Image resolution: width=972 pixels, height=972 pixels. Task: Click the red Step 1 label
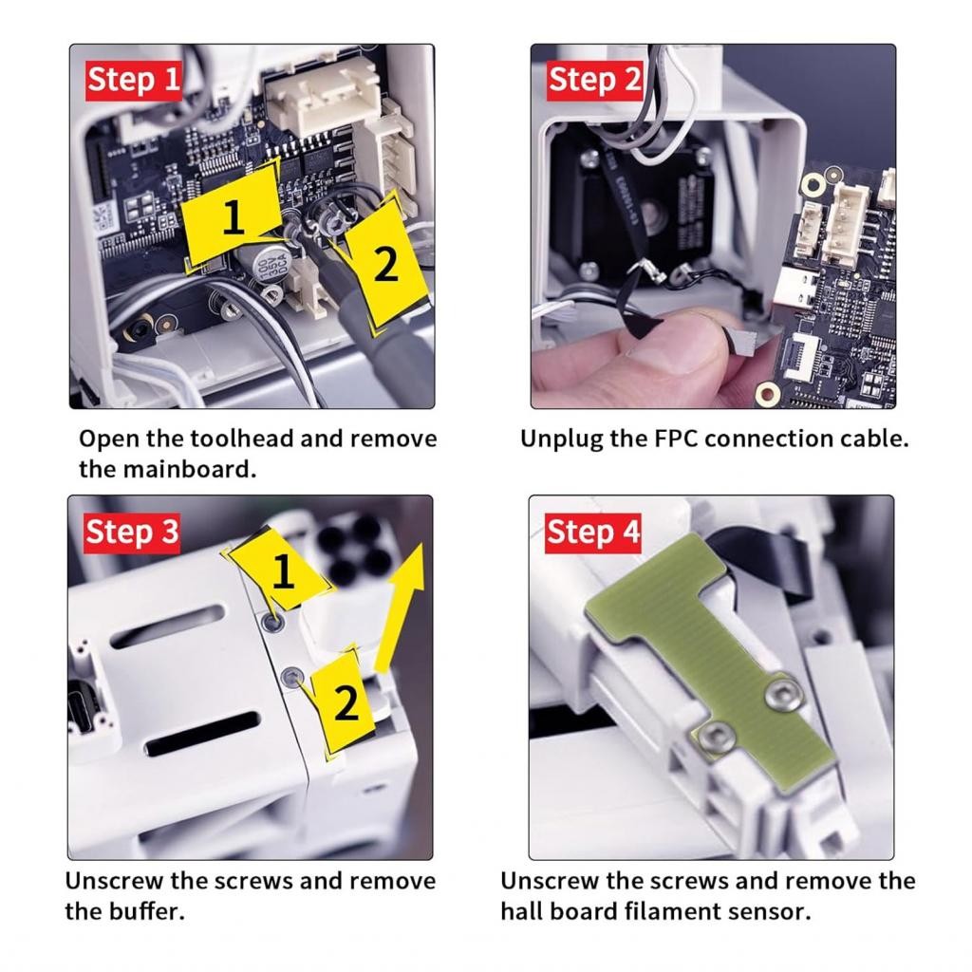[x=133, y=81]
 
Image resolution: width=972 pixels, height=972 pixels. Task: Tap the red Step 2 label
[x=594, y=81]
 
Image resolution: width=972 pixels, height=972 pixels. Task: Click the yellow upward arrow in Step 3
[x=401, y=608]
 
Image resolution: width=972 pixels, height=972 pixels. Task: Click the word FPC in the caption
[x=676, y=439]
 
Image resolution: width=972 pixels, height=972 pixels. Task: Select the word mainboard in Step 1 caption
[x=189, y=469]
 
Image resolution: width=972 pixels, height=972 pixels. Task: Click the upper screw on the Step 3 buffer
[x=272, y=621]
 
